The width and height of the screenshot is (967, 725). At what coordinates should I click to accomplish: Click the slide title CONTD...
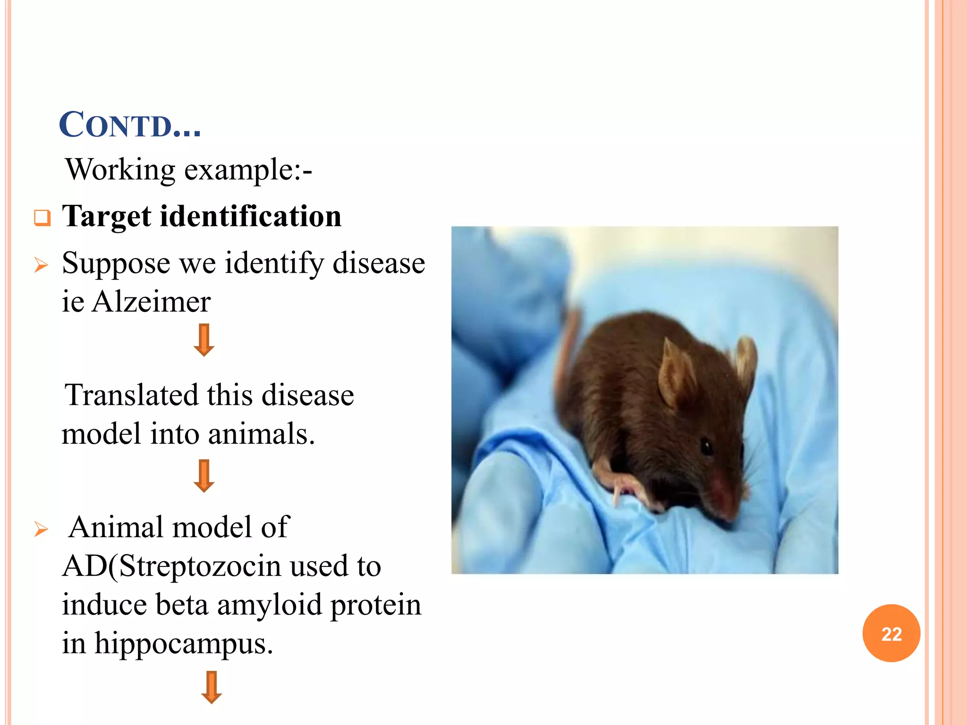(x=130, y=125)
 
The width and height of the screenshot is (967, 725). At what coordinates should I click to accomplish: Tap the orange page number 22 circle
(x=891, y=633)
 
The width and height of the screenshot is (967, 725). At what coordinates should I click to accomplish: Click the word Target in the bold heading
(x=107, y=217)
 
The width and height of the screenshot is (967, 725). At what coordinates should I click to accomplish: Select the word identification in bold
(x=251, y=217)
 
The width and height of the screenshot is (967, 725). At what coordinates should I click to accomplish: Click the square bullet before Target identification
(x=42, y=218)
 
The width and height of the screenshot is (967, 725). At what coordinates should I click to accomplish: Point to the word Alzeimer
(x=151, y=302)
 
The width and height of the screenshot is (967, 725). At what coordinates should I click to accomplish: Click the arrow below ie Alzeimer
(x=204, y=340)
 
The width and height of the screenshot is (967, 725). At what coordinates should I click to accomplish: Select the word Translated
(x=131, y=395)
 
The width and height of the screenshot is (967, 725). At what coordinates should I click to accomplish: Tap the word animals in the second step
(x=261, y=434)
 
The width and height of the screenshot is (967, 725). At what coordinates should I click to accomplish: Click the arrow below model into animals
(x=204, y=476)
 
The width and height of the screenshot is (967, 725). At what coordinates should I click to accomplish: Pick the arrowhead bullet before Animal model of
(x=42, y=530)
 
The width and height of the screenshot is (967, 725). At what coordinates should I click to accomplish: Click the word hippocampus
(x=183, y=643)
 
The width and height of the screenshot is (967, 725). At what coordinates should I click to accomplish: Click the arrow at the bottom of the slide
(x=211, y=687)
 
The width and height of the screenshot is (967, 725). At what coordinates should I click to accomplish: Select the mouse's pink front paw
(x=623, y=486)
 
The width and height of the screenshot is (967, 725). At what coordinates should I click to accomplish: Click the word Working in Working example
(x=120, y=169)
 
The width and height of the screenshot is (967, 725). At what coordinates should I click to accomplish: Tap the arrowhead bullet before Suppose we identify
(x=42, y=265)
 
